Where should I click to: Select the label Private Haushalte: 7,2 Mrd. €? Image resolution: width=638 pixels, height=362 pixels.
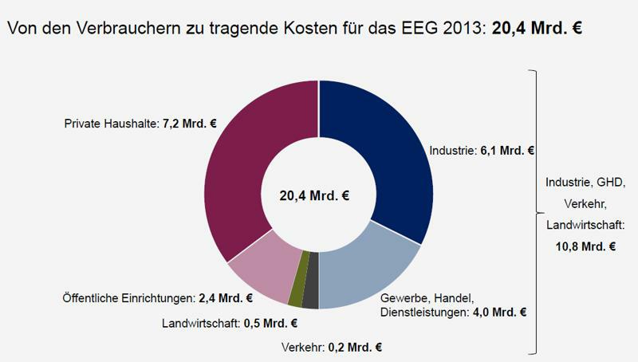(x=140, y=124)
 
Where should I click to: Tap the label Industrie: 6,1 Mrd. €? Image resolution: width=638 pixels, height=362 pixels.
(x=481, y=149)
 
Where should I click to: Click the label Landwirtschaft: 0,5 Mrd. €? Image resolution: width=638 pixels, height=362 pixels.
(x=229, y=323)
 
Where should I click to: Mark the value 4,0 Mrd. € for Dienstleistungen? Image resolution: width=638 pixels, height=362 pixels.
(x=498, y=312)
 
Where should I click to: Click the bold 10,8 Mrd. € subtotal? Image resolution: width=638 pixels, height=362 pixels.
(x=585, y=246)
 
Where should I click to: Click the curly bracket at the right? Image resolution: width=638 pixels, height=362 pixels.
(x=535, y=211)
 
